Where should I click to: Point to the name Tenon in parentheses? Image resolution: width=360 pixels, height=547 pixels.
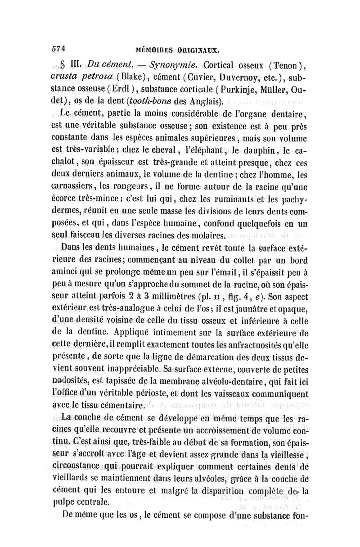pyautogui.click(x=284, y=62)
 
